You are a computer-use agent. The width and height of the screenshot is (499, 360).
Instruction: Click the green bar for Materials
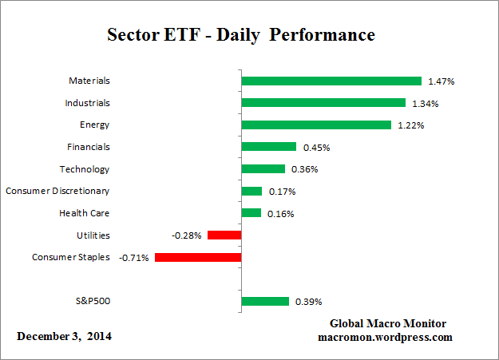point(331,81)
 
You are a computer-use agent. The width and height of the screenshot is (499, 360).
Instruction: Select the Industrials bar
point(323,103)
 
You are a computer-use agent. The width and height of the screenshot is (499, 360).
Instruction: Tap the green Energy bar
point(316,125)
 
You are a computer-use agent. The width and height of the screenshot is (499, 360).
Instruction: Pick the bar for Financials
point(269,147)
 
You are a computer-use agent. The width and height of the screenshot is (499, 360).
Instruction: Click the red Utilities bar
point(224,235)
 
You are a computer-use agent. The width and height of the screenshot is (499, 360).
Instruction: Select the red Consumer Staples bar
point(198,257)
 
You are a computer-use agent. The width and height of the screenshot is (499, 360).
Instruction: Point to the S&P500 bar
point(265,301)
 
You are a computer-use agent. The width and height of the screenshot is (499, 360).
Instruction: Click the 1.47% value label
point(442,81)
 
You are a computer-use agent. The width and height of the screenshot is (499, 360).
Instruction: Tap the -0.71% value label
point(135,258)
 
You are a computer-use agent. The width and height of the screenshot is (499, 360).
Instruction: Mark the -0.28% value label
point(188,235)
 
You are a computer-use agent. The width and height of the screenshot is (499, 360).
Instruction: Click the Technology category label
point(85,169)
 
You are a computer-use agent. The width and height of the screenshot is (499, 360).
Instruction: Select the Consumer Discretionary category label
point(57,191)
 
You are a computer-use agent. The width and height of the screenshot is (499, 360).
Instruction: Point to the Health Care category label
point(85,213)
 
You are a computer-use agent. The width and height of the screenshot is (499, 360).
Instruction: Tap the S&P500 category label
point(89,301)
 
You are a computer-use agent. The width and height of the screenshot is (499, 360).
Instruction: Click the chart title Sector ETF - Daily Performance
point(240,36)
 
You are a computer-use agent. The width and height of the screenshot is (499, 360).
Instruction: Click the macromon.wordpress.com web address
point(386,337)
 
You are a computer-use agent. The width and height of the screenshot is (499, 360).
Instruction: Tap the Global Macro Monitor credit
point(388,323)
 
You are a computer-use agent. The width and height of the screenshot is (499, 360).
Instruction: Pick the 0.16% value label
point(281,214)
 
